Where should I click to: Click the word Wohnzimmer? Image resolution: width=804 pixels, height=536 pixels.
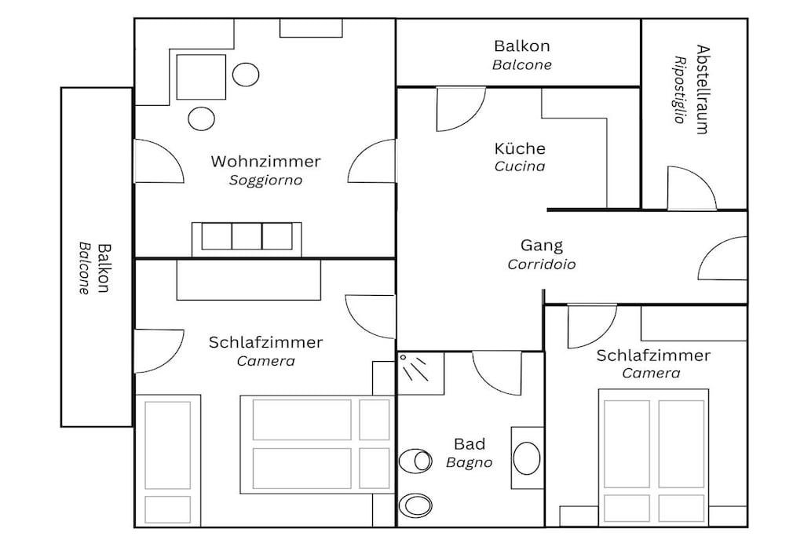click(265, 162)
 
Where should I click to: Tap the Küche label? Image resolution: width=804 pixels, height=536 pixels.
click(520, 148)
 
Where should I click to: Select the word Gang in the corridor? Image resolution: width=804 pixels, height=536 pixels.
click(542, 246)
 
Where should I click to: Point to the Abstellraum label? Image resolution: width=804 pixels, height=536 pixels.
click(703, 89)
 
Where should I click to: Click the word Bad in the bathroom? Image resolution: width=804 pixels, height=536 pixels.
click(470, 443)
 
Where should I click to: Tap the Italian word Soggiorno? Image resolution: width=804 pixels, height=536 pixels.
click(265, 180)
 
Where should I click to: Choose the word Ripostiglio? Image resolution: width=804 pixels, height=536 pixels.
click(680, 89)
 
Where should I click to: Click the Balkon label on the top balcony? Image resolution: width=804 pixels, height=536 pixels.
click(522, 46)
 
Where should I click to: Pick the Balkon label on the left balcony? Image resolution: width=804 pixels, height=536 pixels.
click(104, 268)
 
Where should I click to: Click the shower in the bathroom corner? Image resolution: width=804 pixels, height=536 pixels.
click(421, 373)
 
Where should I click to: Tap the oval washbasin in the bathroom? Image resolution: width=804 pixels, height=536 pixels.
click(527, 458)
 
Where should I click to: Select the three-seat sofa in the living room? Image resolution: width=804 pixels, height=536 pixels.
click(247, 239)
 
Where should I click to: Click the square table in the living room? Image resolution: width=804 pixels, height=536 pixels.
click(201, 77)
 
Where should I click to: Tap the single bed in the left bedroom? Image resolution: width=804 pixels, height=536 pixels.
click(168, 460)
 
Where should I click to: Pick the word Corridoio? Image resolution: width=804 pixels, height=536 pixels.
click(542, 264)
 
